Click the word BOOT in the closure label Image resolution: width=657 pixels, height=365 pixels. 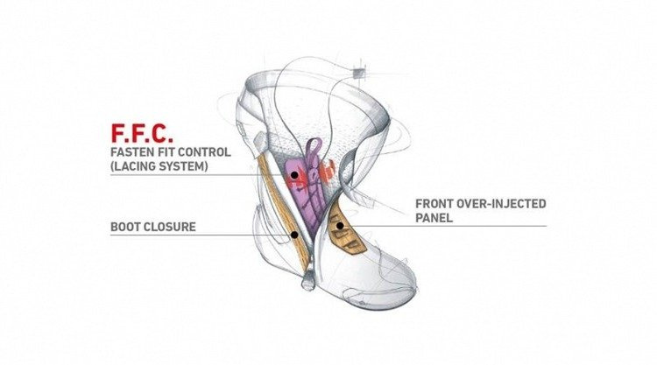[x=129, y=228]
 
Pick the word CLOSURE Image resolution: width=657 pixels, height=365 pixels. [x=173, y=228]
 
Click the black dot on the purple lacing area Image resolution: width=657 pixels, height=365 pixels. [x=294, y=175]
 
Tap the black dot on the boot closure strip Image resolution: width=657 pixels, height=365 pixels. [x=295, y=235]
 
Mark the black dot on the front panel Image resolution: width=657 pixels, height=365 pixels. [x=338, y=226]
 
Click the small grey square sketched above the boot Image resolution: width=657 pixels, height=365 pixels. [x=359, y=67]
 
